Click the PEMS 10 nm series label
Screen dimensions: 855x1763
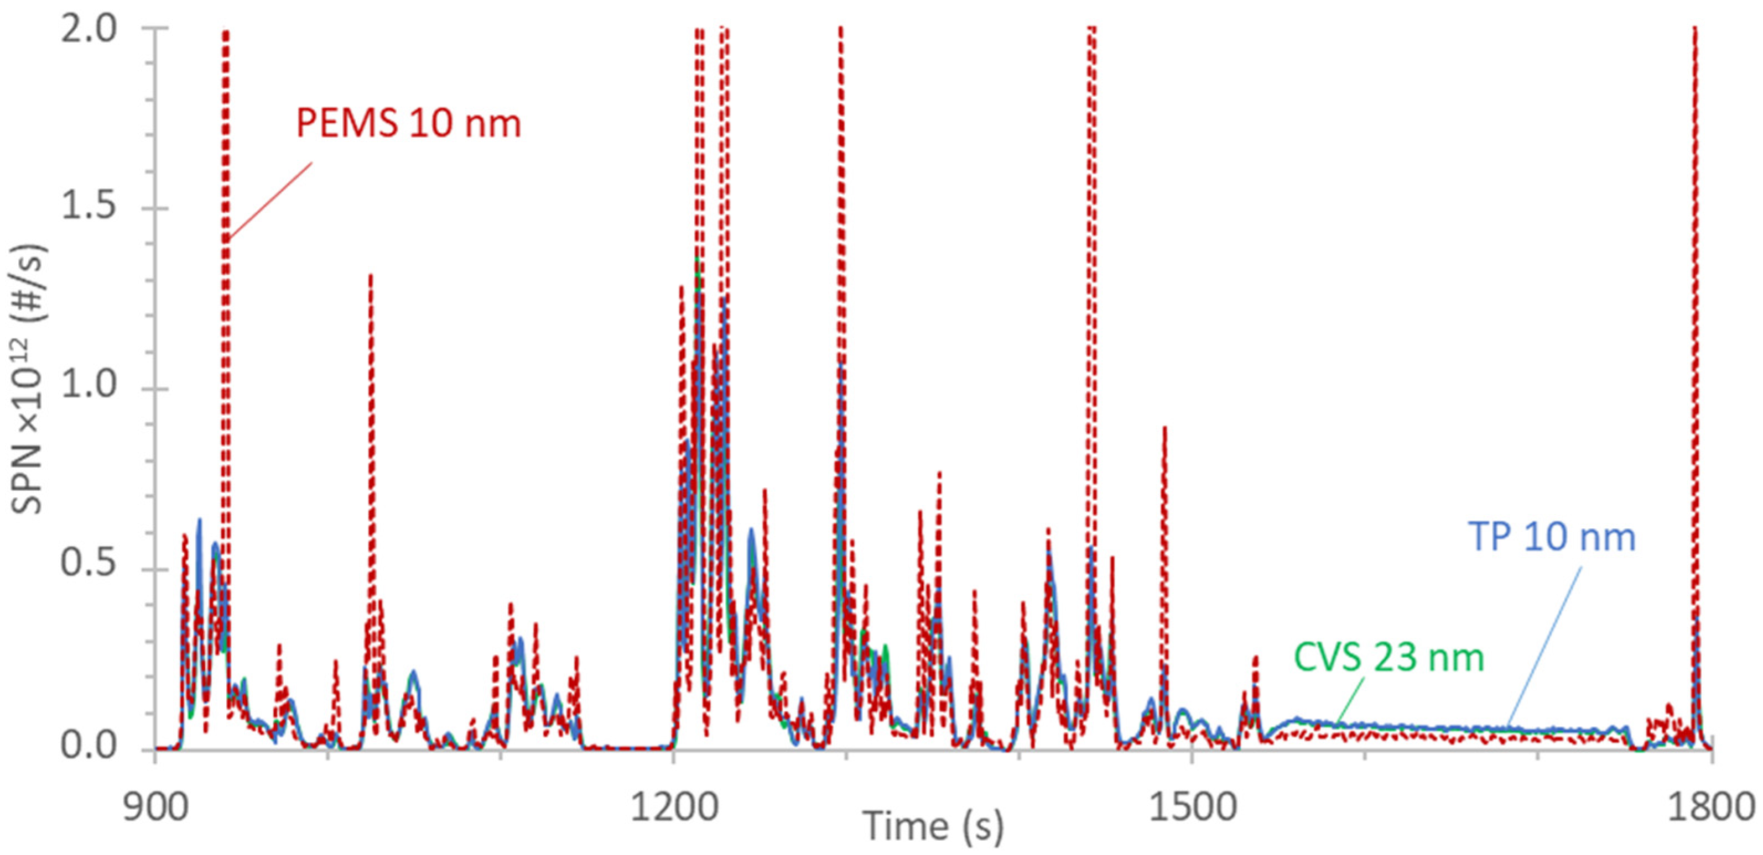[409, 124]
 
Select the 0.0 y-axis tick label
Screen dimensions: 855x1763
[89, 747]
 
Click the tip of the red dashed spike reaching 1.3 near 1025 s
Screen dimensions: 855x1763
[370, 275]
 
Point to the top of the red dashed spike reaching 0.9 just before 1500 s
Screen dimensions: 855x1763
[1164, 428]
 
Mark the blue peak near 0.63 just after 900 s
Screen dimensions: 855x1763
[199, 520]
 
